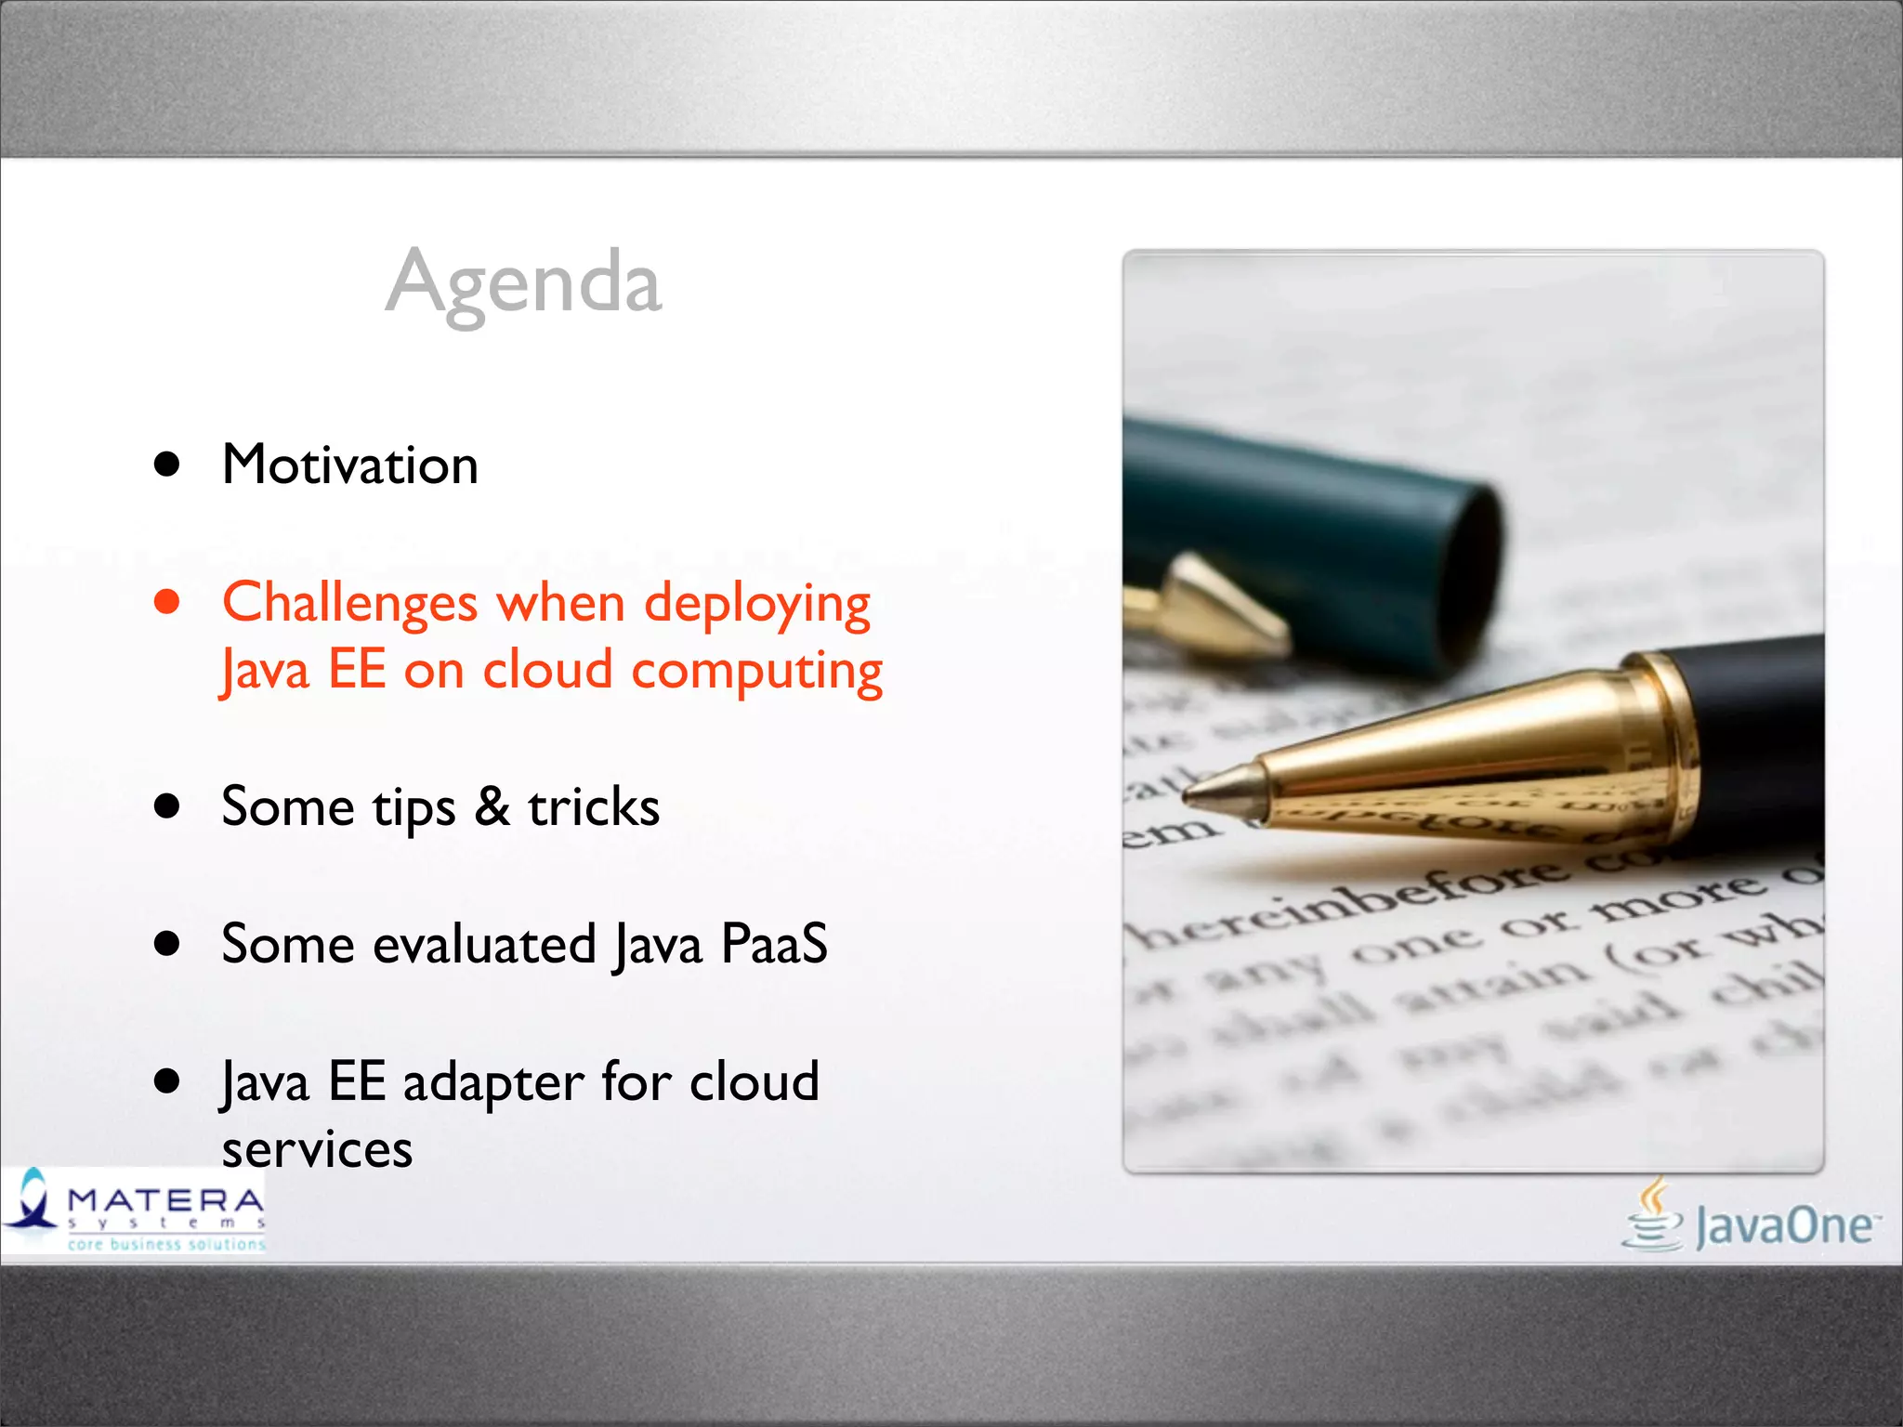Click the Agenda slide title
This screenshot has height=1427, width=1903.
(x=524, y=282)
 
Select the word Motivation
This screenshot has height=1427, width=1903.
(x=350, y=465)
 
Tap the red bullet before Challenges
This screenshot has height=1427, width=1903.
(x=167, y=602)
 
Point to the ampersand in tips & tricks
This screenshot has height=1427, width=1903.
(x=492, y=806)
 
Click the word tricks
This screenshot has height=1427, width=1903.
(x=594, y=806)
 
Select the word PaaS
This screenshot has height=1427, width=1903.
(x=774, y=944)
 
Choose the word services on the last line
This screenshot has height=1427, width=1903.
(x=317, y=1150)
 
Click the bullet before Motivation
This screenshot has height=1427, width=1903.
(x=167, y=465)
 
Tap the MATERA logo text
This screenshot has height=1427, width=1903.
(x=165, y=1200)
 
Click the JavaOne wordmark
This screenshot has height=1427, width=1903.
(x=1784, y=1226)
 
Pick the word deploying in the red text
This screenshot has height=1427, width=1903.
(x=757, y=604)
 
